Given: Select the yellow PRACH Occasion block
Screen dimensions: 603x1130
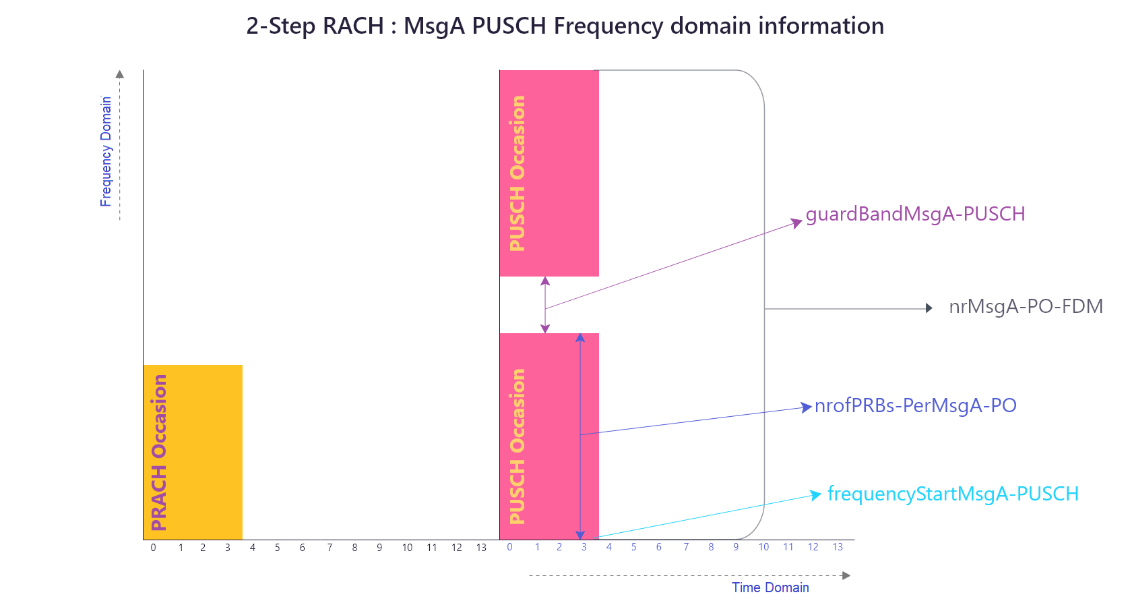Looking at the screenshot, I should (193, 452).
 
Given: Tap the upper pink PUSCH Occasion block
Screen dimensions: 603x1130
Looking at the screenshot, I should (549, 173).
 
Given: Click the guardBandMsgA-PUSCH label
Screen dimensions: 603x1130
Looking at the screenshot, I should (915, 214).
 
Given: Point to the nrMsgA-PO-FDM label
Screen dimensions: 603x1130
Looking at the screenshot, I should (1026, 307).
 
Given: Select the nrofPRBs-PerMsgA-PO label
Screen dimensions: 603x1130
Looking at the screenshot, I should (915, 405).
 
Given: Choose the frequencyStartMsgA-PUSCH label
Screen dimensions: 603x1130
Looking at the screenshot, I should (953, 494).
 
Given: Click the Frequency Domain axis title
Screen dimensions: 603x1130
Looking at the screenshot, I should (106, 151).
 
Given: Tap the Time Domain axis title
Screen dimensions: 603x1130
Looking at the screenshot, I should (770, 587).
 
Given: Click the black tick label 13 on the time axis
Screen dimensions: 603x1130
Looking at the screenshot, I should (481, 548).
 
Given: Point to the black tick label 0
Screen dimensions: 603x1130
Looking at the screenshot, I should (154, 548).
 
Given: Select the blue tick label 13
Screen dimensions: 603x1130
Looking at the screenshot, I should (838, 547).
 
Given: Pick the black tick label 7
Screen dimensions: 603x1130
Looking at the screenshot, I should (329, 548).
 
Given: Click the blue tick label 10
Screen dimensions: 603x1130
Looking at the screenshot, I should (763, 547).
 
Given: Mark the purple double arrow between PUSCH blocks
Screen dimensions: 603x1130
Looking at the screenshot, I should (545, 305).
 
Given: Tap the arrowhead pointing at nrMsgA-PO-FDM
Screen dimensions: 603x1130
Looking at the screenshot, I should (929, 308).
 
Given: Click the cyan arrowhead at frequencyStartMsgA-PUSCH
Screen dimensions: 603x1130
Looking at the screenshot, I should (815, 495).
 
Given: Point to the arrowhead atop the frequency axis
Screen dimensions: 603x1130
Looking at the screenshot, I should (120, 74).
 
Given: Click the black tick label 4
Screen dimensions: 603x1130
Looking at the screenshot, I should (253, 548).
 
